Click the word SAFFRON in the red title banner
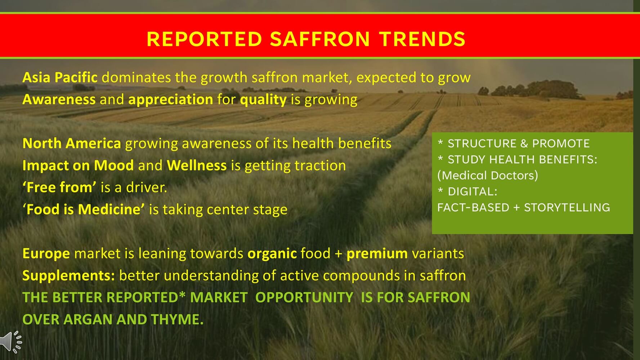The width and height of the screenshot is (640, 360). [x=320, y=39]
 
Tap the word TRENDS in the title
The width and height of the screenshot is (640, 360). [x=422, y=39]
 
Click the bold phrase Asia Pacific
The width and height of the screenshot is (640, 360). [x=60, y=77]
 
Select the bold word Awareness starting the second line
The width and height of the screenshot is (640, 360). [x=59, y=99]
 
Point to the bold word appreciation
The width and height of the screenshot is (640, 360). [x=171, y=100]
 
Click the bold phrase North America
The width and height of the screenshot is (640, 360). [x=72, y=143]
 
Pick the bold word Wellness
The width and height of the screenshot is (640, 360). [x=197, y=165]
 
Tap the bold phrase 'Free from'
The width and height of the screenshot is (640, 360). [x=59, y=187]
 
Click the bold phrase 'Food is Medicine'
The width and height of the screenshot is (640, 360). [x=84, y=209]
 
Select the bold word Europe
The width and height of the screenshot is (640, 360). [x=46, y=254]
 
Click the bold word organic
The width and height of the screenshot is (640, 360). [x=272, y=254]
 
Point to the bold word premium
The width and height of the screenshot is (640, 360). [x=377, y=254]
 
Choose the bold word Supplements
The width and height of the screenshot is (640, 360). [x=69, y=276]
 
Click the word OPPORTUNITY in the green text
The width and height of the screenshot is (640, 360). [x=304, y=297]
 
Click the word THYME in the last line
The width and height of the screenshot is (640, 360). [x=177, y=319]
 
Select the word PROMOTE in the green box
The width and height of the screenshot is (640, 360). [x=561, y=143]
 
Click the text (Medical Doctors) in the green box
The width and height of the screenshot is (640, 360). [x=488, y=175]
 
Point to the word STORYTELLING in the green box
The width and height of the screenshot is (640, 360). [x=567, y=207]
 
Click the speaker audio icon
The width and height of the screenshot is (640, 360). [x=11, y=341]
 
